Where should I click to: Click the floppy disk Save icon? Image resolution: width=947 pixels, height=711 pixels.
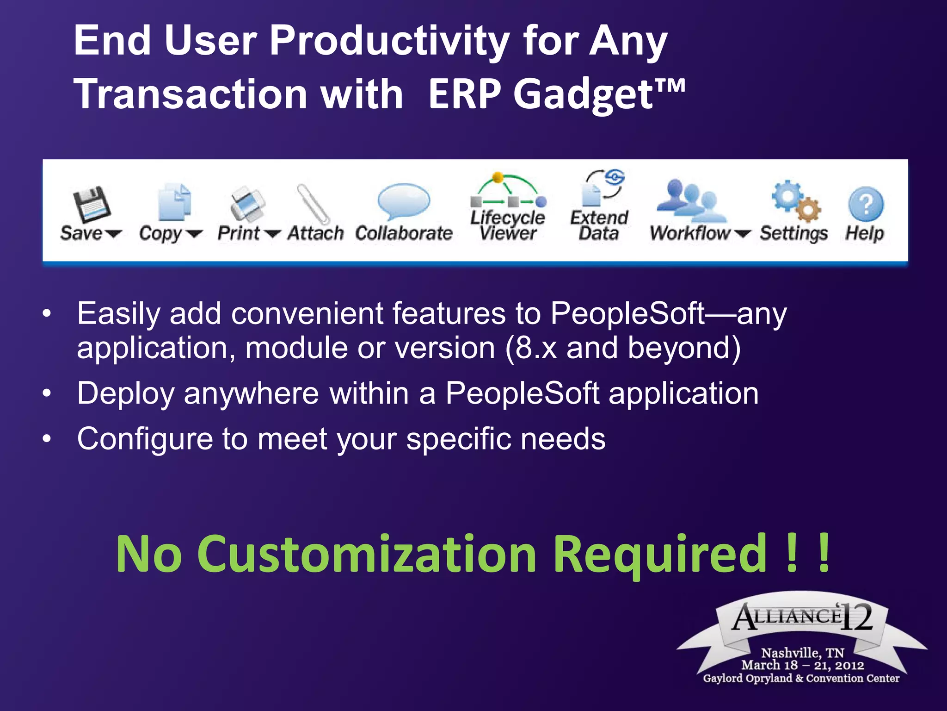click(92, 204)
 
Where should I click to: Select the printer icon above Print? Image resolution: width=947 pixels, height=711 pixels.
click(248, 204)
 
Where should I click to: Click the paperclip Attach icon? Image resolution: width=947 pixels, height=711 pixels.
click(313, 204)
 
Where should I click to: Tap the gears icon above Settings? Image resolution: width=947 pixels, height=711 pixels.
click(795, 202)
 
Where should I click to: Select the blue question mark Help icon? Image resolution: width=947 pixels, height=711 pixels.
click(866, 204)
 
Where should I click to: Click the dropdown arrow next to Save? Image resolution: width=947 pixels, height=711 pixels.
click(113, 234)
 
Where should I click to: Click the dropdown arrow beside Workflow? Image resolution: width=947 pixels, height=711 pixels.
click(742, 234)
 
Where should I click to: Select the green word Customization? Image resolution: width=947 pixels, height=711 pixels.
click(368, 554)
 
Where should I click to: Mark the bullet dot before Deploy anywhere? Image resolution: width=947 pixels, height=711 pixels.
click(46, 393)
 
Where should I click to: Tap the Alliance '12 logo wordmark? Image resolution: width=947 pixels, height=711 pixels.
click(802, 617)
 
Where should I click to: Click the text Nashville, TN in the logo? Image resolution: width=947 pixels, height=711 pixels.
click(802, 653)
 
